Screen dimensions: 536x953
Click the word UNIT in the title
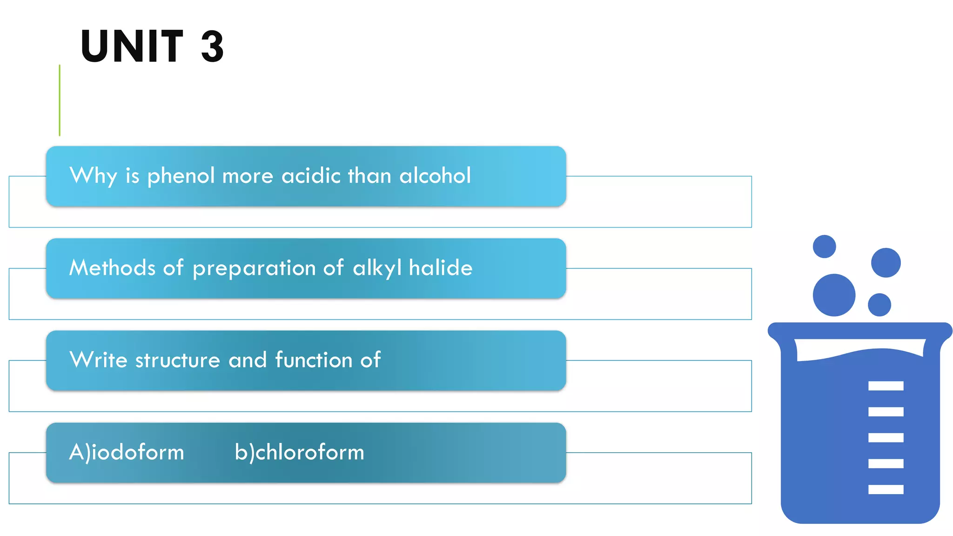pyautogui.click(x=132, y=46)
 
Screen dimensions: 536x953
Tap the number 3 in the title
pyautogui.click(x=213, y=46)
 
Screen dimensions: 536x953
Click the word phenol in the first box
pyautogui.click(x=181, y=176)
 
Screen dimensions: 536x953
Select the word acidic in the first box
pyautogui.click(x=311, y=176)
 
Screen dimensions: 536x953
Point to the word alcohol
pyautogui.click(x=435, y=176)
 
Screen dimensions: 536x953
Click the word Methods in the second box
pyautogui.click(x=112, y=268)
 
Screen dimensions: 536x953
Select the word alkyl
pyautogui.click(x=377, y=268)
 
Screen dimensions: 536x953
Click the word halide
pyautogui.click(x=441, y=268)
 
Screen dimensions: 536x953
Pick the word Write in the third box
pyautogui.click(x=98, y=360)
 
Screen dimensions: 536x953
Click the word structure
pyautogui.click(x=178, y=361)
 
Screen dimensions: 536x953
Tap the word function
pyautogui.click(x=314, y=360)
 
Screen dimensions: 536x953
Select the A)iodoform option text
pyautogui.click(x=127, y=452)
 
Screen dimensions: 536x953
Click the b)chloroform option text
pyautogui.click(x=299, y=452)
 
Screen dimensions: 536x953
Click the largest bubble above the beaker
pyautogui.click(x=834, y=295)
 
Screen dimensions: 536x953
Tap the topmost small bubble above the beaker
pyautogui.click(x=824, y=247)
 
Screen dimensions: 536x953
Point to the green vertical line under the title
pyautogui.click(x=60, y=100)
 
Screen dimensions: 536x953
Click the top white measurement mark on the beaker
pyautogui.click(x=886, y=386)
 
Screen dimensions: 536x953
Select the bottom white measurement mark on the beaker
pyautogui.click(x=886, y=489)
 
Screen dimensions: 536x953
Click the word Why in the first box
pyautogui.click(x=93, y=176)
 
